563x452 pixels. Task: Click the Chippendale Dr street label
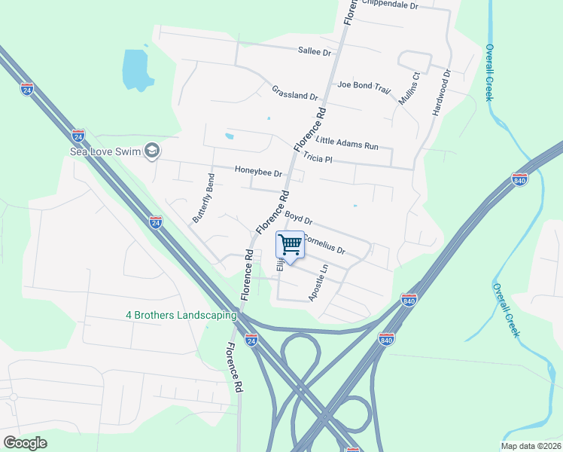click(x=389, y=5)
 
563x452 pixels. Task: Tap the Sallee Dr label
click(x=315, y=52)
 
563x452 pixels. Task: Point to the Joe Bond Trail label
click(x=364, y=85)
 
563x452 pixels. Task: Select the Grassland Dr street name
click(x=295, y=96)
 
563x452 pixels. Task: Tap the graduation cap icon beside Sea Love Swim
click(x=153, y=151)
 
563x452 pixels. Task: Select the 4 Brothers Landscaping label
click(x=181, y=316)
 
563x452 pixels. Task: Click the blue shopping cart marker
click(x=290, y=245)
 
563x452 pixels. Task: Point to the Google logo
click(x=25, y=443)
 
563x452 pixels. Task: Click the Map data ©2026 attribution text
click(x=531, y=446)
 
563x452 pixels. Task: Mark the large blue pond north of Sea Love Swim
click(x=136, y=69)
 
